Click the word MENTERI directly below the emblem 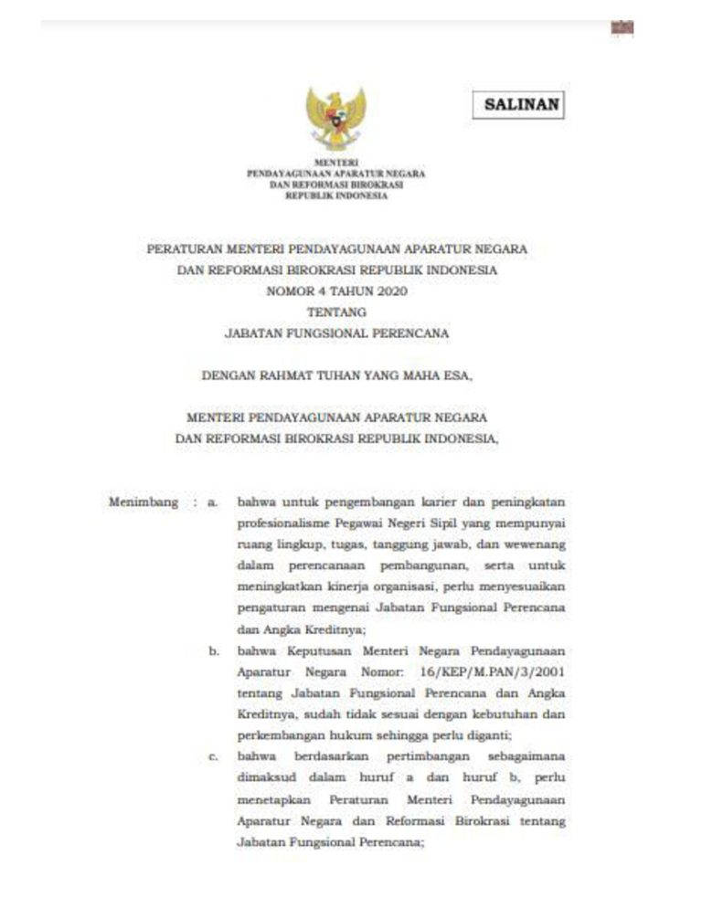tap(335, 163)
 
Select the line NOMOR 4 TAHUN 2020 tap(335, 291)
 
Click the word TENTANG tap(335, 312)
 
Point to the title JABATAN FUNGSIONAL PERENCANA tap(335, 334)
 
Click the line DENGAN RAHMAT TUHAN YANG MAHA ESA tap(335, 375)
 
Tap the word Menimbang tap(144, 502)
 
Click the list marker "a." tap(212, 502)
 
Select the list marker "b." tap(212, 651)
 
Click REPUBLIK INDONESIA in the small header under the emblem tap(335, 195)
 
